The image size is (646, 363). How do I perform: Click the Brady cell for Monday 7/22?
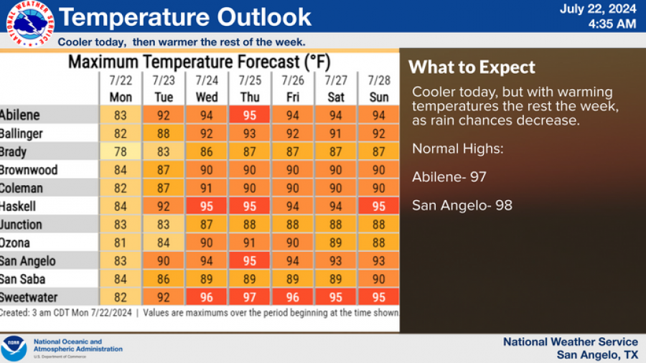[x=121, y=151]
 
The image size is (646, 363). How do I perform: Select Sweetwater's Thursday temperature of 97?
[x=250, y=298]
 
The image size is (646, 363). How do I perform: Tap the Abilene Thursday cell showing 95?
[x=250, y=115]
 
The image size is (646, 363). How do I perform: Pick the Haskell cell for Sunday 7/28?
[x=378, y=207]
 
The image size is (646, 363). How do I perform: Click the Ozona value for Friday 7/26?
[x=293, y=243]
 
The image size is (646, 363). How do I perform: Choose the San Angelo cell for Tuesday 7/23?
[x=164, y=261]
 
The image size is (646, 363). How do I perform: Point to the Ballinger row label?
[x=22, y=133]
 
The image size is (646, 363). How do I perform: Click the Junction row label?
[x=22, y=225]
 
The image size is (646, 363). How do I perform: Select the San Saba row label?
[x=23, y=280]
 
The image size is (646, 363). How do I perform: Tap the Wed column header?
[x=207, y=97]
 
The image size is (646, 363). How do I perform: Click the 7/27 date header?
[x=336, y=80]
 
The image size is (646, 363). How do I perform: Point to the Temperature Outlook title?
[x=184, y=16]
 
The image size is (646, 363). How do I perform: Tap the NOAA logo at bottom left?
[x=14, y=348]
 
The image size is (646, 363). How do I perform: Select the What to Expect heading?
[x=472, y=67]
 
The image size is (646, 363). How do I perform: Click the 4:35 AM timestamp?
[x=612, y=24]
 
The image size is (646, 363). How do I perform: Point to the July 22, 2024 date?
[x=597, y=9]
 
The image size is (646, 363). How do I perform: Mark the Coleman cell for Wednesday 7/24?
[x=207, y=188]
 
